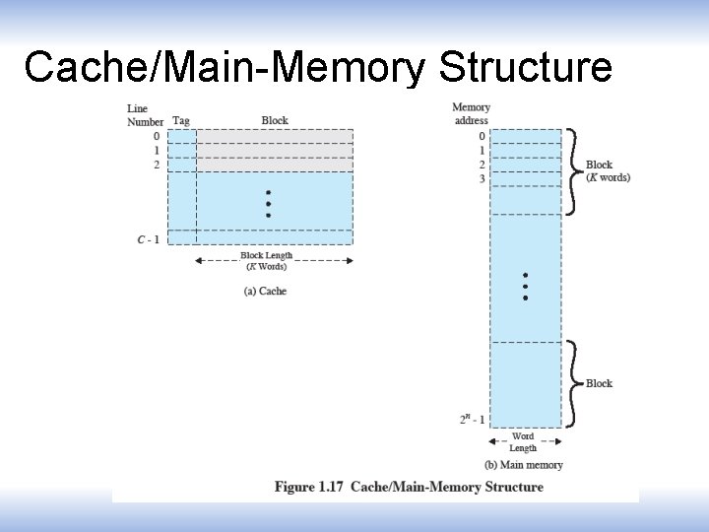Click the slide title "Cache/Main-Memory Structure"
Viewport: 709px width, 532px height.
[x=318, y=67]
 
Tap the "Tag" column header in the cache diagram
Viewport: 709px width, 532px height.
[x=181, y=121]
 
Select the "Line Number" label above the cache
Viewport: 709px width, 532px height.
[x=145, y=114]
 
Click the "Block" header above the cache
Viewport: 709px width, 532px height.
[x=275, y=120]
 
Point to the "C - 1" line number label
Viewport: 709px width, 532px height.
[x=149, y=237]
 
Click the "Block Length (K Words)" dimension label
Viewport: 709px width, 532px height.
[x=266, y=261]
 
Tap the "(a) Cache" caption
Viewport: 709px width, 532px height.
[x=265, y=291]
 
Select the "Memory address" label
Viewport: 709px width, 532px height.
[x=471, y=113]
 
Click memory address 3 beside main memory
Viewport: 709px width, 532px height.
[x=482, y=179]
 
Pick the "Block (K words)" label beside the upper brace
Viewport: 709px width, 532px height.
[x=607, y=171]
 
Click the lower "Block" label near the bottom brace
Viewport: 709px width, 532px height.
[x=599, y=383]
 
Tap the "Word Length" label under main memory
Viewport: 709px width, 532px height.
[x=523, y=441]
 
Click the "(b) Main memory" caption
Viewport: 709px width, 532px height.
[x=524, y=465]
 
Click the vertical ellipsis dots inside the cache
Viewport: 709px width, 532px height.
[x=269, y=204]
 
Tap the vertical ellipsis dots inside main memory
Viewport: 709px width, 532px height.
[x=526, y=286]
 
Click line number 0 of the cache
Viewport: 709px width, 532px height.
[x=156, y=136]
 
